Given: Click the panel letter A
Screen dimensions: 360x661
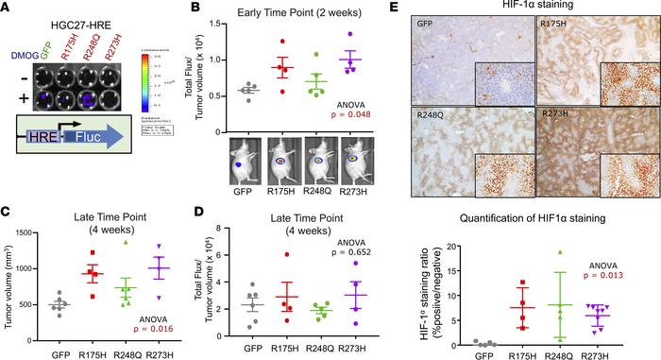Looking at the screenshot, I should (x=8, y=8).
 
